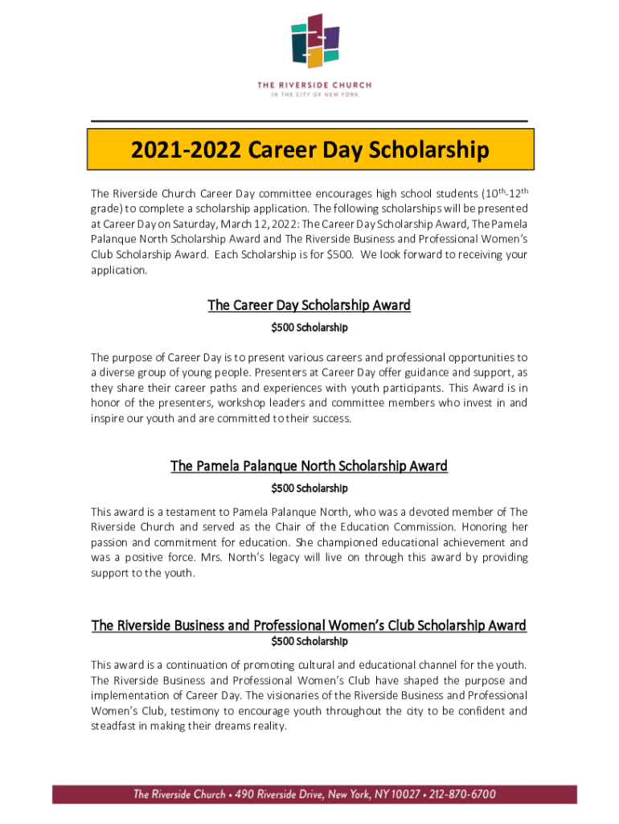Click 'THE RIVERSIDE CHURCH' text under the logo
click(314, 84)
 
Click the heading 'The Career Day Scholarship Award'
click(309, 305)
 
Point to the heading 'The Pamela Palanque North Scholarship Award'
click(309, 466)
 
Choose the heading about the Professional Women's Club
click(309, 625)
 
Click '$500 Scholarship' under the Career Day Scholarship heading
click(309, 328)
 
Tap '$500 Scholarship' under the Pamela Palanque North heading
click(309, 488)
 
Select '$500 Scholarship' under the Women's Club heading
click(309, 641)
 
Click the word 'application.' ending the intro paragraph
click(119, 271)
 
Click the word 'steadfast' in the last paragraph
click(115, 726)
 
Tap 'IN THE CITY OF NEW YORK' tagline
click(314, 94)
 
